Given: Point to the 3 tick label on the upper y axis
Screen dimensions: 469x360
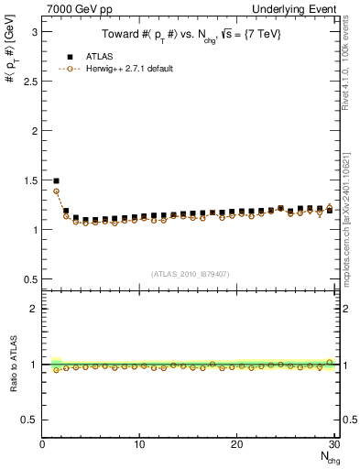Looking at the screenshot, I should [33, 31].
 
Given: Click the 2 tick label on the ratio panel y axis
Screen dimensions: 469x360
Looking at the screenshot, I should [33, 309].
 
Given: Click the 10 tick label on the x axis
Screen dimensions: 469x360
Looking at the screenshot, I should [139, 444].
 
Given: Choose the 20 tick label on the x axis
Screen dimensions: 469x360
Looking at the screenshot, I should [236, 444].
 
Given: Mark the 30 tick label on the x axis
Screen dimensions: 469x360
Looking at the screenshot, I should [333, 444].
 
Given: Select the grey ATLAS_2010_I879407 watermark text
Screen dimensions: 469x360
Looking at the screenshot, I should [190, 273].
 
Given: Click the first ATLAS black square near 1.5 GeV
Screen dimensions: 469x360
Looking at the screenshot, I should [56, 181].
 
